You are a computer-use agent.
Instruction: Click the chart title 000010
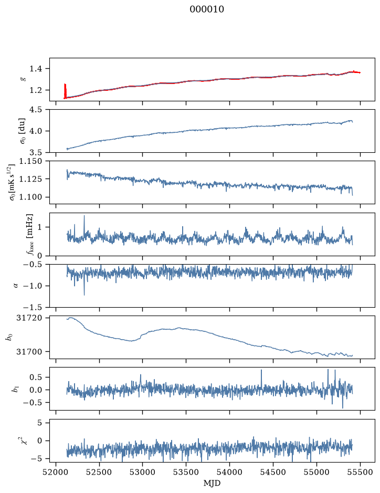tap(206, 9)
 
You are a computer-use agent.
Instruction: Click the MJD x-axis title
tap(212, 483)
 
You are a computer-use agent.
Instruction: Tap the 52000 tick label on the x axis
tap(56, 473)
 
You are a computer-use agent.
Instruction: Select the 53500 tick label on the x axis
tap(186, 473)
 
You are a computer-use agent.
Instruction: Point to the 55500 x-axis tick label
tap(360, 473)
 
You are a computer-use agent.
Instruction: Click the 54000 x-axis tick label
tap(229, 473)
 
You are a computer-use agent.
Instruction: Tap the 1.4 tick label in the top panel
tap(36, 69)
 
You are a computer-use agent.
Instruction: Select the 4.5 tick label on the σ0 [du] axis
tap(36, 110)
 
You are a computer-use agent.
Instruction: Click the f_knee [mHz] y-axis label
tap(28, 234)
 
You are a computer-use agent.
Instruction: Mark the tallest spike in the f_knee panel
tap(84, 216)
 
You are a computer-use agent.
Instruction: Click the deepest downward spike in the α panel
tap(84, 295)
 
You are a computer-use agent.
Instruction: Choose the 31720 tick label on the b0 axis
tap(29, 318)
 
